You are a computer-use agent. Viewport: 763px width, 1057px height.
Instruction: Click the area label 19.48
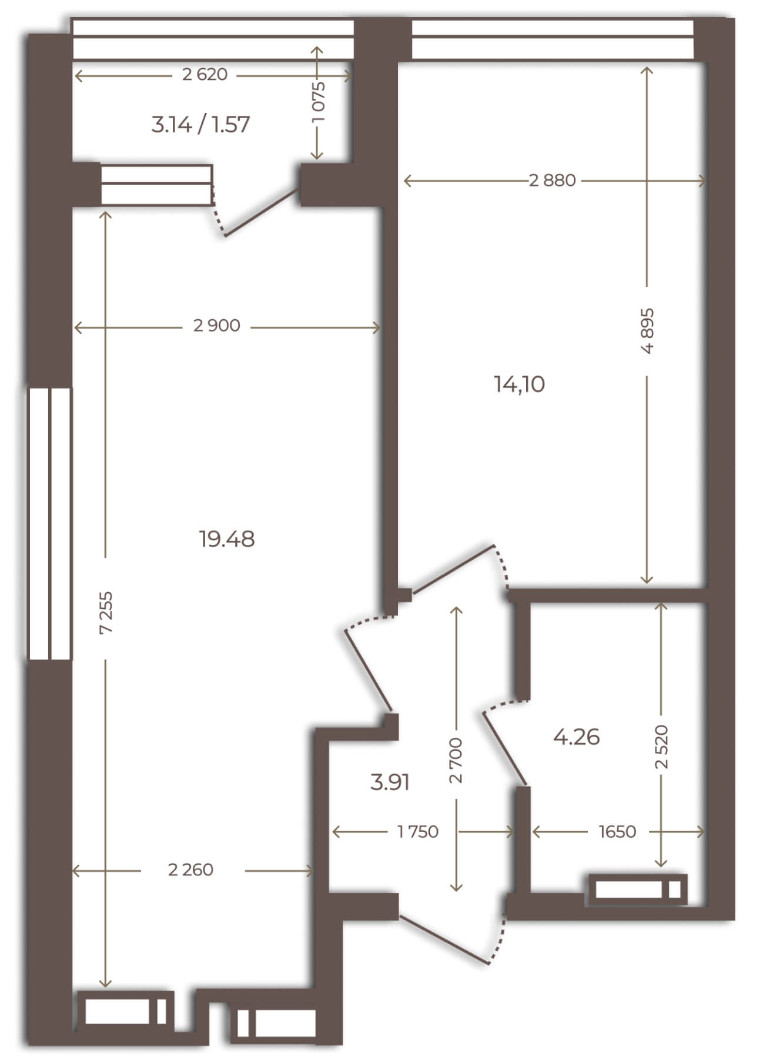pyautogui.click(x=227, y=538)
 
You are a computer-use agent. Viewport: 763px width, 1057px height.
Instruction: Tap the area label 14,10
pyautogui.click(x=520, y=384)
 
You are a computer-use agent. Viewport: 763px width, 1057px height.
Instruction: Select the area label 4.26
pyautogui.click(x=577, y=737)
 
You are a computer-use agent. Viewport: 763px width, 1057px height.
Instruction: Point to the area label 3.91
pyautogui.click(x=390, y=782)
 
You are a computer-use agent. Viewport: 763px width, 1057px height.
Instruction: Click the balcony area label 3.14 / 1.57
pyautogui.click(x=200, y=125)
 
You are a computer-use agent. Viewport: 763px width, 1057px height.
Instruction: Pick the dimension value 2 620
pyautogui.click(x=205, y=75)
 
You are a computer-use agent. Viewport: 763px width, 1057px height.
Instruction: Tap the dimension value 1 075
pyautogui.click(x=318, y=102)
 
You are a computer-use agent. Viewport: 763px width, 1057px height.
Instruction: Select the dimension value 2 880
pyautogui.click(x=553, y=180)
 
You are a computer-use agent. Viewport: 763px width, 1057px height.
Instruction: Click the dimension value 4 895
pyautogui.click(x=647, y=330)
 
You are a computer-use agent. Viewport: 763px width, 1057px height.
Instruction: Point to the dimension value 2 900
pyautogui.click(x=217, y=326)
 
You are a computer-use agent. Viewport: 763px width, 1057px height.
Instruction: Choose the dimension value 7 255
pyautogui.click(x=106, y=612)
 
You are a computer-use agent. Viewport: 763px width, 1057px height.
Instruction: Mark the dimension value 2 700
pyautogui.click(x=456, y=760)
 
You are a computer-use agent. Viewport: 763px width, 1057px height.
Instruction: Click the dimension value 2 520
pyautogui.click(x=662, y=747)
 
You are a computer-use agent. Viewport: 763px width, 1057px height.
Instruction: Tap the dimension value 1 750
pyautogui.click(x=418, y=832)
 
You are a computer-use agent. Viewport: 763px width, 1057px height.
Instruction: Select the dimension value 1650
pyautogui.click(x=617, y=832)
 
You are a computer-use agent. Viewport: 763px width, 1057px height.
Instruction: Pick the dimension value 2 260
pyautogui.click(x=190, y=869)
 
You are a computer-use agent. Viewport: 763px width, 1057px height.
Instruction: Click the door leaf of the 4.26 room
pyautogui.click(x=504, y=748)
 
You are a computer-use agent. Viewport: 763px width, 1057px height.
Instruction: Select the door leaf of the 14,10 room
pyautogui.click(x=452, y=568)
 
